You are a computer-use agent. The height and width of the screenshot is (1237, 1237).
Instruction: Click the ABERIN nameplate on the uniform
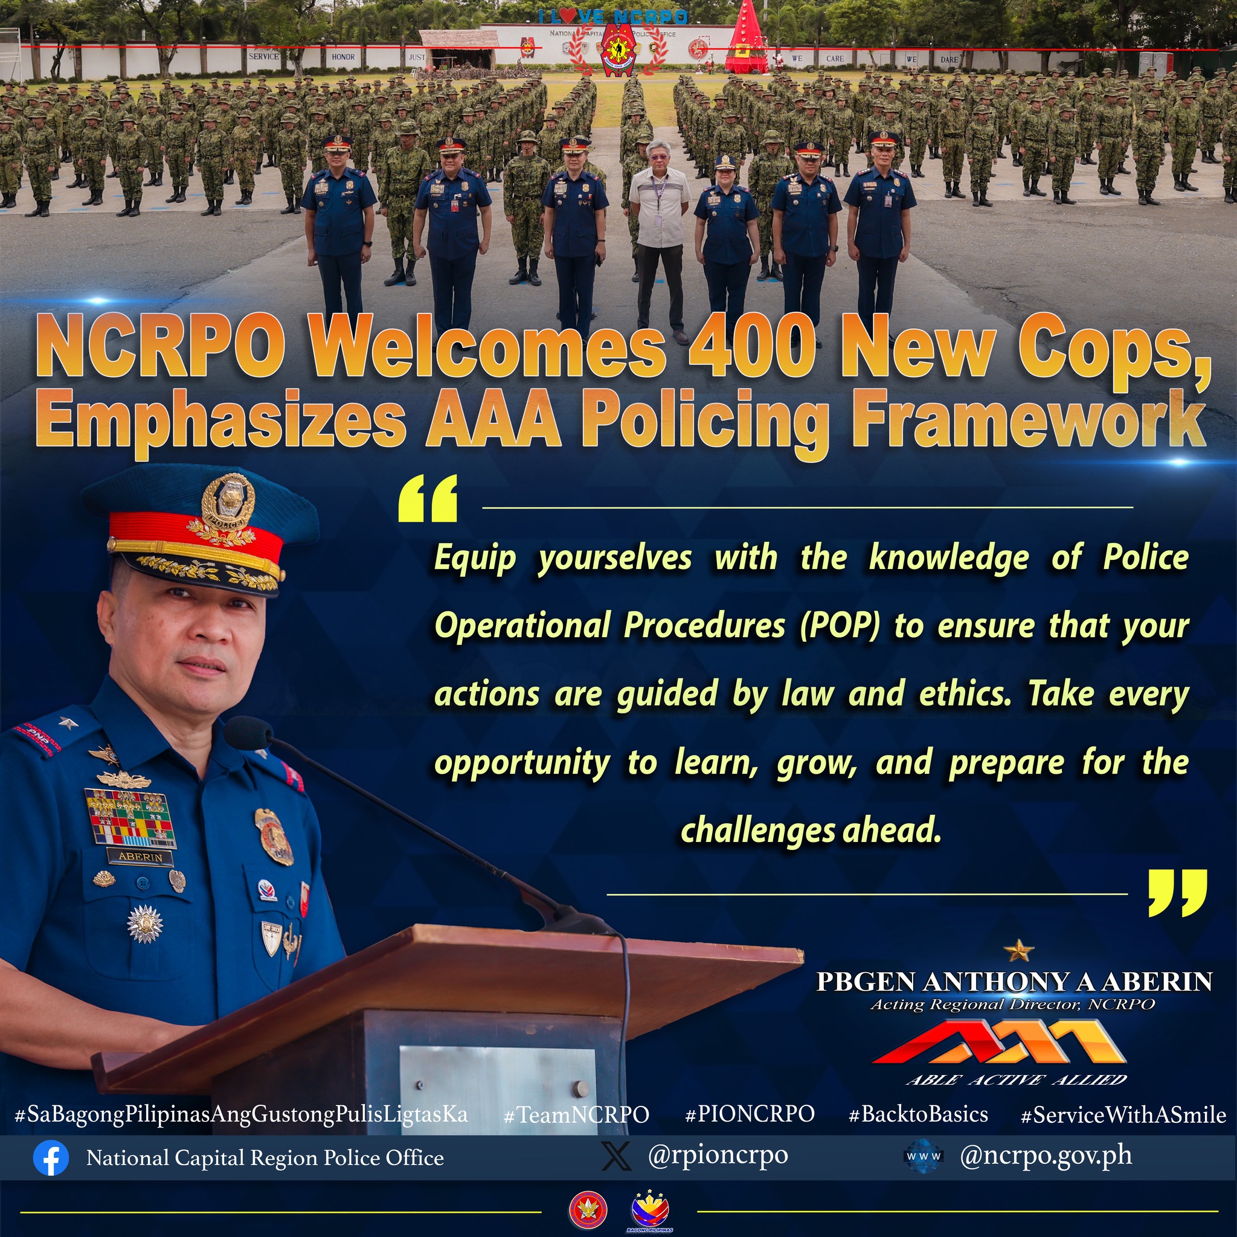click(x=140, y=856)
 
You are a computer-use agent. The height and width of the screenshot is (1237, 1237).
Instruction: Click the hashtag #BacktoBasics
click(x=918, y=1114)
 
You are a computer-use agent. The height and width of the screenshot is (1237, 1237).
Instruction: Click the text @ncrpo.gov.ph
click(x=1046, y=1155)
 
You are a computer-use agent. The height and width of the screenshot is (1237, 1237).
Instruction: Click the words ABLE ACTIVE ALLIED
click(x=1017, y=1079)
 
